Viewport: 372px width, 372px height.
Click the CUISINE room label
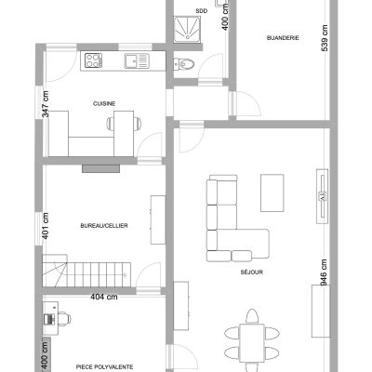(104, 104)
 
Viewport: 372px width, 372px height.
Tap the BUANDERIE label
(283, 38)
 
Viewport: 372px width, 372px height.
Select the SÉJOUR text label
(252, 272)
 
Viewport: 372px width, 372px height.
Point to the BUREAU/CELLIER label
(104, 226)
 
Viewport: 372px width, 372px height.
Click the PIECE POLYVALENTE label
(105, 366)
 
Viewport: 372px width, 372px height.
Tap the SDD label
(202, 11)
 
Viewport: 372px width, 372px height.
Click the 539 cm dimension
(325, 38)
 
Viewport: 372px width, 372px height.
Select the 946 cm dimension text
(324, 272)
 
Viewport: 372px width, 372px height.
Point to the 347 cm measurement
(46, 104)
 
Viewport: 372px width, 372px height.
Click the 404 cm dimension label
(104, 297)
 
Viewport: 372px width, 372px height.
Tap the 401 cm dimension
(46, 226)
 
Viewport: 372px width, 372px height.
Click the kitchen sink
(137, 60)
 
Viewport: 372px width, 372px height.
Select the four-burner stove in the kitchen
(93, 60)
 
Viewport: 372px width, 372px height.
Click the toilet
(184, 64)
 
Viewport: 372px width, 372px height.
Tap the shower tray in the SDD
(187, 29)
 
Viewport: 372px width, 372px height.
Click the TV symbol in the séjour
(322, 196)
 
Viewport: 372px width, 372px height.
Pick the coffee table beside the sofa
(272, 193)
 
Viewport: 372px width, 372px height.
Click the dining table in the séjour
(252, 343)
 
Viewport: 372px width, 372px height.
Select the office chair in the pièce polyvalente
(64, 318)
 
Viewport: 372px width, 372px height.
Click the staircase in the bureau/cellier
(86, 271)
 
